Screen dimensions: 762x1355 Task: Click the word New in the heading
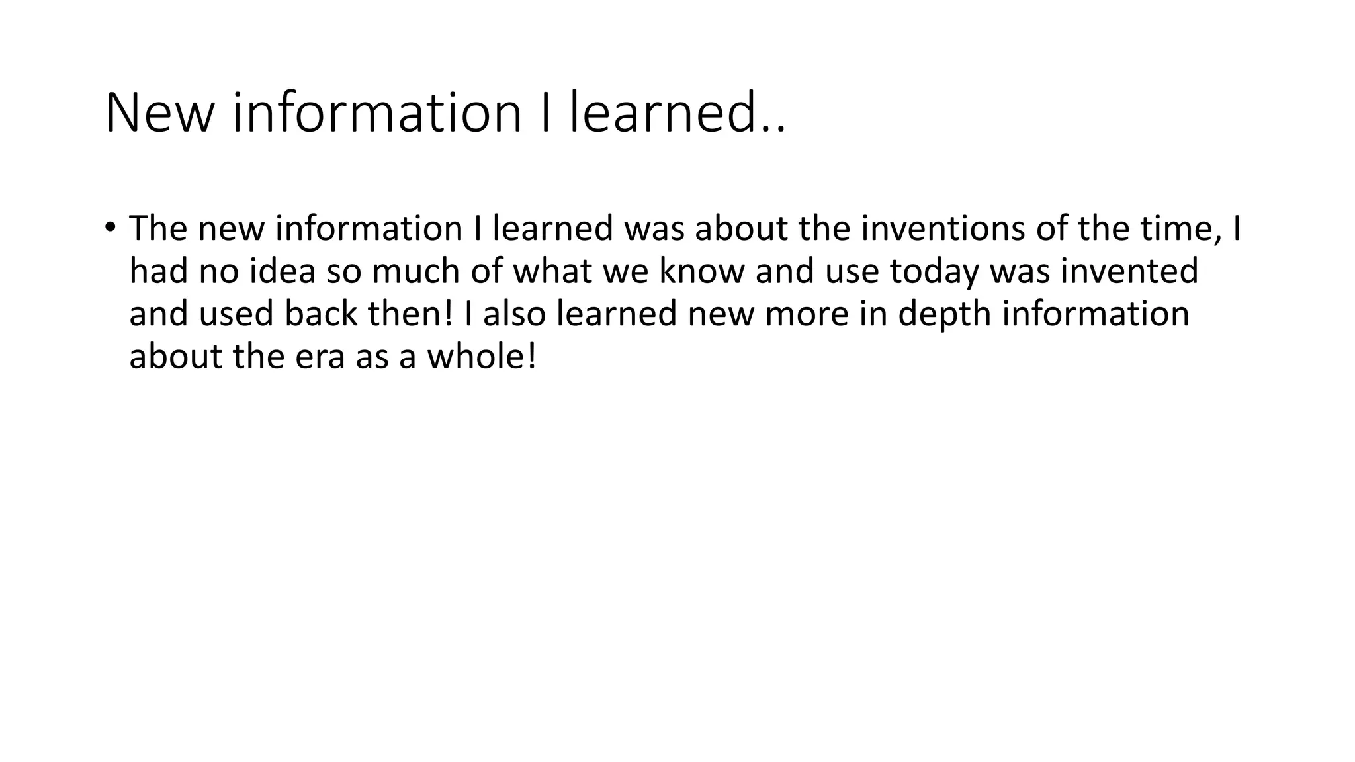[x=159, y=113]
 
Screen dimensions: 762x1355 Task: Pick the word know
[x=702, y=271]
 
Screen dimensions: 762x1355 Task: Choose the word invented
[x=1129, y=271]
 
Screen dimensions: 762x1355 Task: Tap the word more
[x=807, y=315]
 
